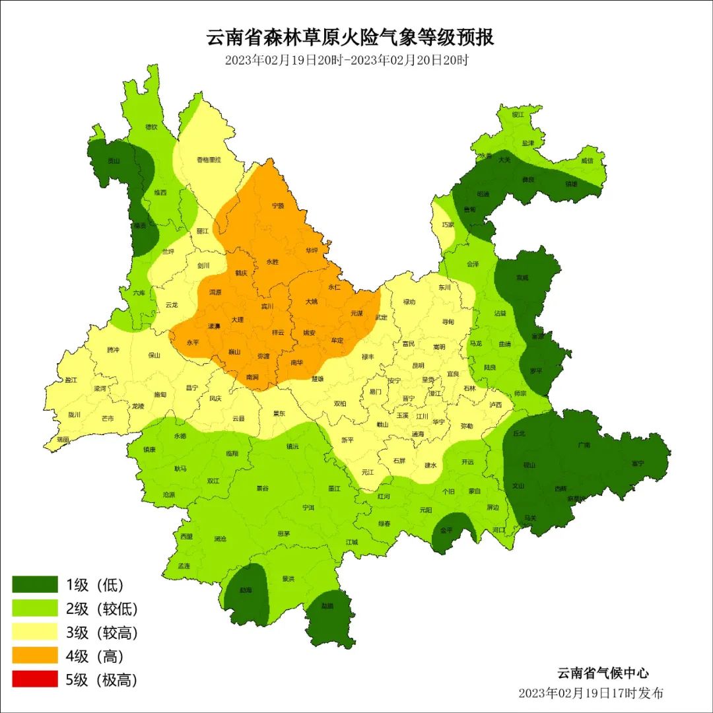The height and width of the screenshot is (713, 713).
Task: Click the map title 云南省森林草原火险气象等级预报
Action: [x=351, y=37]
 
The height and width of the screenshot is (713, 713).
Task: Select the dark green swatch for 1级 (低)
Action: [x=35, y=584]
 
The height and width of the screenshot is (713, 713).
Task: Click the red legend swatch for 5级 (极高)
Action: [x=35, y=679]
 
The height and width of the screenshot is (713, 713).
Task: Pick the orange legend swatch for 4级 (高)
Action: [x=35, y=656]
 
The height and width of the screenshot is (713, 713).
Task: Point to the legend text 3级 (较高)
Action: [x=102, y=632]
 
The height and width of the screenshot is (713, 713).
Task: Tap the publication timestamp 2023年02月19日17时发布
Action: [x=591, y=693]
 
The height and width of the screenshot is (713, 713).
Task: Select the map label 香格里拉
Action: [x=209, y=160]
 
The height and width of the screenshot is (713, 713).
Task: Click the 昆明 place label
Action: [x=419, y=365]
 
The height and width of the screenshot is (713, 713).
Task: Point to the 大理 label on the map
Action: [x=238, y=320]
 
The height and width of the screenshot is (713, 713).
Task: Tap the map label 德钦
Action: [x=151, y=127]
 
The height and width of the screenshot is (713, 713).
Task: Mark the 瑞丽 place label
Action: [x=63, y=439]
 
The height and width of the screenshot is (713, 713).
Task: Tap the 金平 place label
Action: [x=446, y=530]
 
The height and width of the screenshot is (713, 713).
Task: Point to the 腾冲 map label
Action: [x=114, y=350]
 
